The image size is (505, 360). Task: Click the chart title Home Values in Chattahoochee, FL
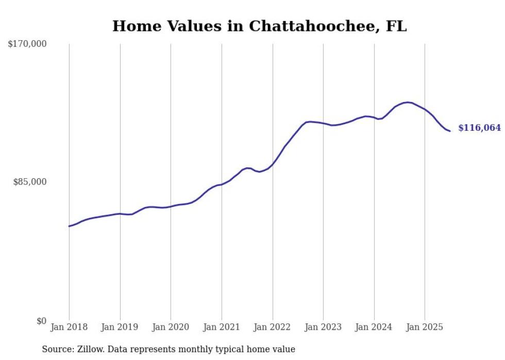tap(259, 26)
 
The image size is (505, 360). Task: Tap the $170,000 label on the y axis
tap(27, 44)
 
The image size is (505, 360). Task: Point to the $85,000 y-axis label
tap(30, 182)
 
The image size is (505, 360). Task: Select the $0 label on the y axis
tap(41, 321)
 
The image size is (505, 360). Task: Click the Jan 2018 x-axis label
tap(69, 327)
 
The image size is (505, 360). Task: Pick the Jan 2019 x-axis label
tap(120, 327)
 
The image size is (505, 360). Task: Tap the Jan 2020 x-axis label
tap(171, 327)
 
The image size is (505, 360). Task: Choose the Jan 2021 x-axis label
tap(222, 327)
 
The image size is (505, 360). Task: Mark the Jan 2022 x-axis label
tap(272, 327)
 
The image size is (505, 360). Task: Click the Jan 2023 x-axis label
tap(323, 327)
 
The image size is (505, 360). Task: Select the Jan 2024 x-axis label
tap(374, 327)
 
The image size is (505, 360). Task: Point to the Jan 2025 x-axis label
tap(425, 327)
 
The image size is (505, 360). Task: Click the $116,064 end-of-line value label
tap(479, 128)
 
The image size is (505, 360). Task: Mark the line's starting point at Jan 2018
tap(69, 226)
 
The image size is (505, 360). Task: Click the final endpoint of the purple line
tap(450, 131)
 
